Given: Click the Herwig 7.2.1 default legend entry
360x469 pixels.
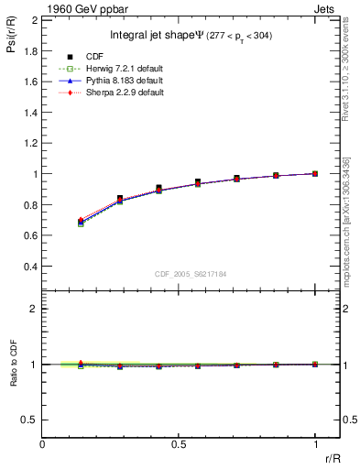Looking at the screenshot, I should [125, 69].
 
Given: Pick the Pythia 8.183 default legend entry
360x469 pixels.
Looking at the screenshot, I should [125, 81].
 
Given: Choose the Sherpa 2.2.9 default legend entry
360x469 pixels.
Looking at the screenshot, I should [125, 93].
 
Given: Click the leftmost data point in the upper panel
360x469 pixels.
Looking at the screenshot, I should [81, 223].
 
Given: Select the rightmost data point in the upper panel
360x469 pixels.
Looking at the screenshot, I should [315, 173].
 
